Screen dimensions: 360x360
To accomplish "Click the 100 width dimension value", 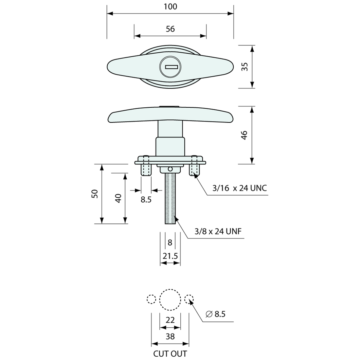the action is [171, 7].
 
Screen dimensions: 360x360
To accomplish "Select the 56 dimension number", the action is [170, 29].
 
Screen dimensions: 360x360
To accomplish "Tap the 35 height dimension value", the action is [245, 66].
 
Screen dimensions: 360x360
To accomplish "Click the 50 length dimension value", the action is [95, 194].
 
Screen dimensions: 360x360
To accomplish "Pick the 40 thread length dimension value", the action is [118, 198].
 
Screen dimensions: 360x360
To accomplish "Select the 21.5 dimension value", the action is [170, 256].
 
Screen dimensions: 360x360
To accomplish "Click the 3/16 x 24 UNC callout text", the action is [240, 188].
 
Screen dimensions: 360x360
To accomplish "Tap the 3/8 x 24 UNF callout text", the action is [218, 231].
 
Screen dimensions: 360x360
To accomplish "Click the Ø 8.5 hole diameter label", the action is [216, 314].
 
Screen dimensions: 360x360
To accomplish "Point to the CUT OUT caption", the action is [170, 353].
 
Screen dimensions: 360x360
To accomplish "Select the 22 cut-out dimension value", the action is [170, 320].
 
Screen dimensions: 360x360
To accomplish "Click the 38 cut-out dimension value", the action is [170, 336].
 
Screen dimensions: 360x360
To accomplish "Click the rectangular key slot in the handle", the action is [171, 67].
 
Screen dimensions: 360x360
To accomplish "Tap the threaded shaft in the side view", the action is [170, 198].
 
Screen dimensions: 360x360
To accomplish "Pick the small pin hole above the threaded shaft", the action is [170, 169].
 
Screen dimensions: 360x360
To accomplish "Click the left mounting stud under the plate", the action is [146, 170].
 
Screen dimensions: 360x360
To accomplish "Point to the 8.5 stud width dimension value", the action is [146, 200].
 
